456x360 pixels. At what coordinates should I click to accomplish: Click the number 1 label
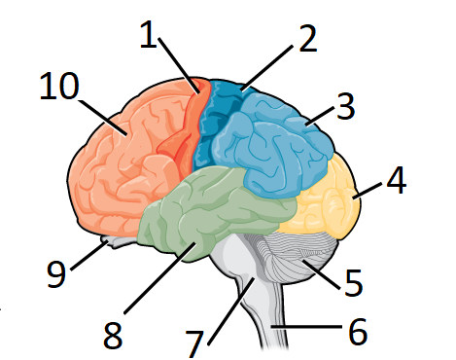[x=148, y=36]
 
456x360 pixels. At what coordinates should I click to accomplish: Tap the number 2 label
[x=307, y=39]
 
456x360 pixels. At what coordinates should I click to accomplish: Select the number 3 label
[x=346, y=107]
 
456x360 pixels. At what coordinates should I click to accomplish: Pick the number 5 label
[x=353, y=283]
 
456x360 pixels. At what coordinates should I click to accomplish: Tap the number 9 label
[x=55, y=273]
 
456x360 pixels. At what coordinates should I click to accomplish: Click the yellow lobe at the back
[x=326, y=195]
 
